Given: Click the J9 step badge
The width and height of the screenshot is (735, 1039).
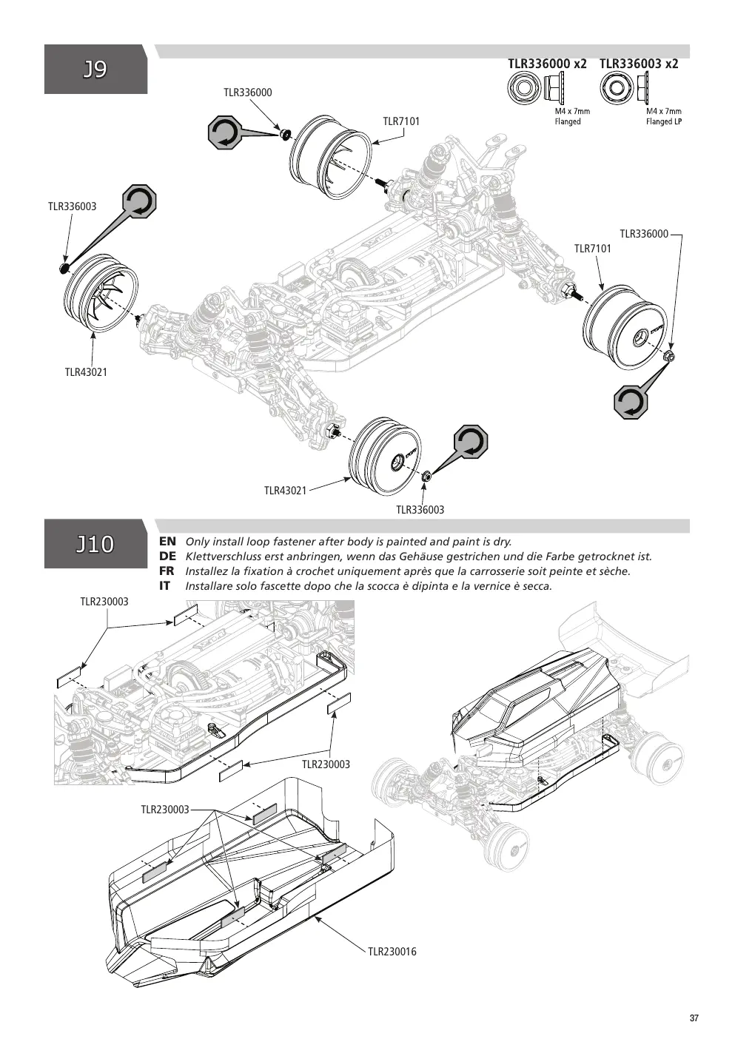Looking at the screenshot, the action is [x=95, y=69].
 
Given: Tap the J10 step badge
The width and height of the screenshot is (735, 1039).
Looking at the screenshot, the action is [x=95, y=544].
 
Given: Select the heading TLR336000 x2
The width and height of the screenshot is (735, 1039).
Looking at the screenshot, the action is [x=547, y=64].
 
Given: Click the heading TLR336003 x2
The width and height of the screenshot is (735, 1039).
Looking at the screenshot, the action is [x=639, y=64].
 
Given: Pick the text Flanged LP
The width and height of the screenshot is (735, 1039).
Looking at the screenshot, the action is [x=663, y=121].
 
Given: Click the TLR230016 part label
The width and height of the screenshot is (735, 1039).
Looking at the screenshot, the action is [x=392, y=952].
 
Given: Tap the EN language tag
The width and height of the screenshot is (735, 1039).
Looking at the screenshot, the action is [x=167, y=541].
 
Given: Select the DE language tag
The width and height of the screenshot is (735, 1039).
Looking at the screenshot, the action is [x=167, y=557].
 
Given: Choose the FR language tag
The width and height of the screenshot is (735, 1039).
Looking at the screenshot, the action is [x=167, y=571].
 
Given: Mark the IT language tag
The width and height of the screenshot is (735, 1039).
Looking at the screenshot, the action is [x=164, y=586].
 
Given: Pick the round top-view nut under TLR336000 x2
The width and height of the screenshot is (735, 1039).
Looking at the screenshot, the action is [x=523, y=87].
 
